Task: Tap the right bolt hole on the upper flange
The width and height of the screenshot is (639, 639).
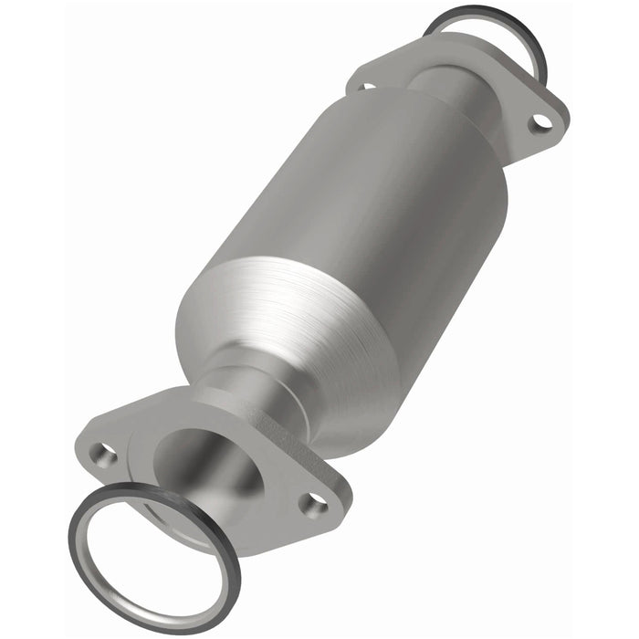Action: pos(541,120)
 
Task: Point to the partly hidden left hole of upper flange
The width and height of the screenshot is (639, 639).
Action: pos(366,87)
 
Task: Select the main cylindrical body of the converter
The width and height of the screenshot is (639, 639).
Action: pos(365,201)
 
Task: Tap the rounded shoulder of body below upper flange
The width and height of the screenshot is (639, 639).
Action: pos(456,128)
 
